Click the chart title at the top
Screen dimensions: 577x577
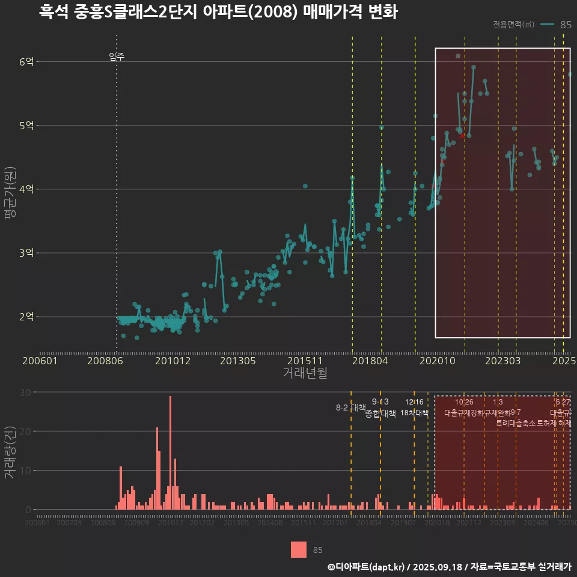coord(218,12)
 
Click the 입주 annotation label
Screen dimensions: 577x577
coord(117,57)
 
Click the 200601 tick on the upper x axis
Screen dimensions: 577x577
coord(40,361)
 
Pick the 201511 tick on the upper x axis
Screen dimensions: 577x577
coord(302,361)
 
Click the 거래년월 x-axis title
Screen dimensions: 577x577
coord(305,373)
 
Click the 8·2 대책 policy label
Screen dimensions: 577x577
coord(350,408)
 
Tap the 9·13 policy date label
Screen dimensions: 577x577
coord(380,401)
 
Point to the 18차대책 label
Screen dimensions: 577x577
coord(414,413)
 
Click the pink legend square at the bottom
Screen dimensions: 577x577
coord(299,549)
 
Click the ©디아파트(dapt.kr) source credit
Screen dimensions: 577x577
coord(365,567)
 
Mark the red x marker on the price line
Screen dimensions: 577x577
coord(462,136)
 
